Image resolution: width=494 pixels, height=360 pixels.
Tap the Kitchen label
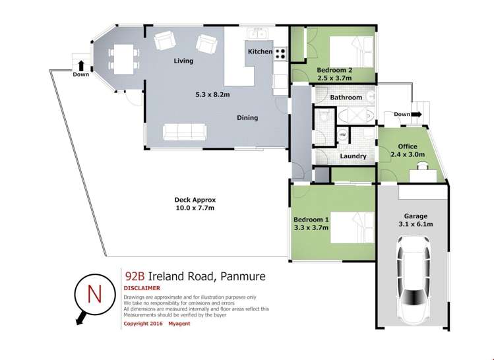[x=260, y=51]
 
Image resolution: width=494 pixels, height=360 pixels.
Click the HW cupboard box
[x=342, y=135]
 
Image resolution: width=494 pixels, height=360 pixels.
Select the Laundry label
[x=353, y=156]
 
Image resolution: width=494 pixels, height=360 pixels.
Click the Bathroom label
[x=346, y=98]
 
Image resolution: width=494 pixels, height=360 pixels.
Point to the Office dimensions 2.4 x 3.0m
[x=407, y=155]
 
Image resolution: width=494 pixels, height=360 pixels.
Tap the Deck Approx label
[x=195, y=200]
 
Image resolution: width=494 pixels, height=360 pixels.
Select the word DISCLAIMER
[x=143, y=288]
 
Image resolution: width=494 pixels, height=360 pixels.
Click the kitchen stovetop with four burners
[x=281, y=52]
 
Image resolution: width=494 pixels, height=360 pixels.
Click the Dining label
[x=247, y=118]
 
